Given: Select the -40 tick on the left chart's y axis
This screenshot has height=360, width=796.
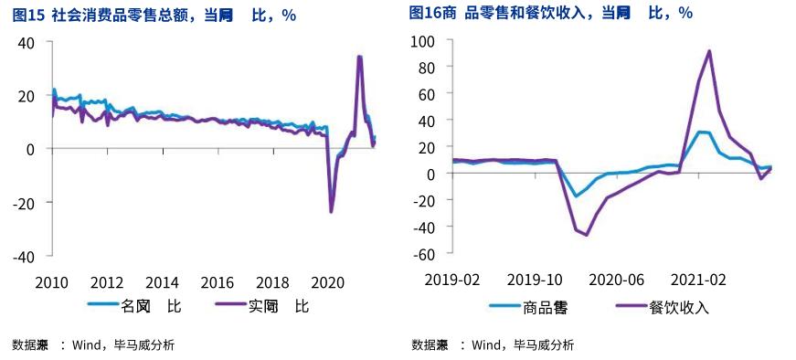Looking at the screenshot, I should pyautogui.click(x=23, y=256).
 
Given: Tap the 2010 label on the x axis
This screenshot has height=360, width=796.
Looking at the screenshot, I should pyautogui.click(x=52, y=281).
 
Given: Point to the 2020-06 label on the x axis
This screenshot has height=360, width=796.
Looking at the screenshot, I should pyautogui.click(x=616, y=279).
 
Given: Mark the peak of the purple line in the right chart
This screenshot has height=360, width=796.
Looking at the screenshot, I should pyautogui.click(x=710, y=51).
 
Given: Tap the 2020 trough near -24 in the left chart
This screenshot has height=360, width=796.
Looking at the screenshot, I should pyautogui.click(x=331, y=212).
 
